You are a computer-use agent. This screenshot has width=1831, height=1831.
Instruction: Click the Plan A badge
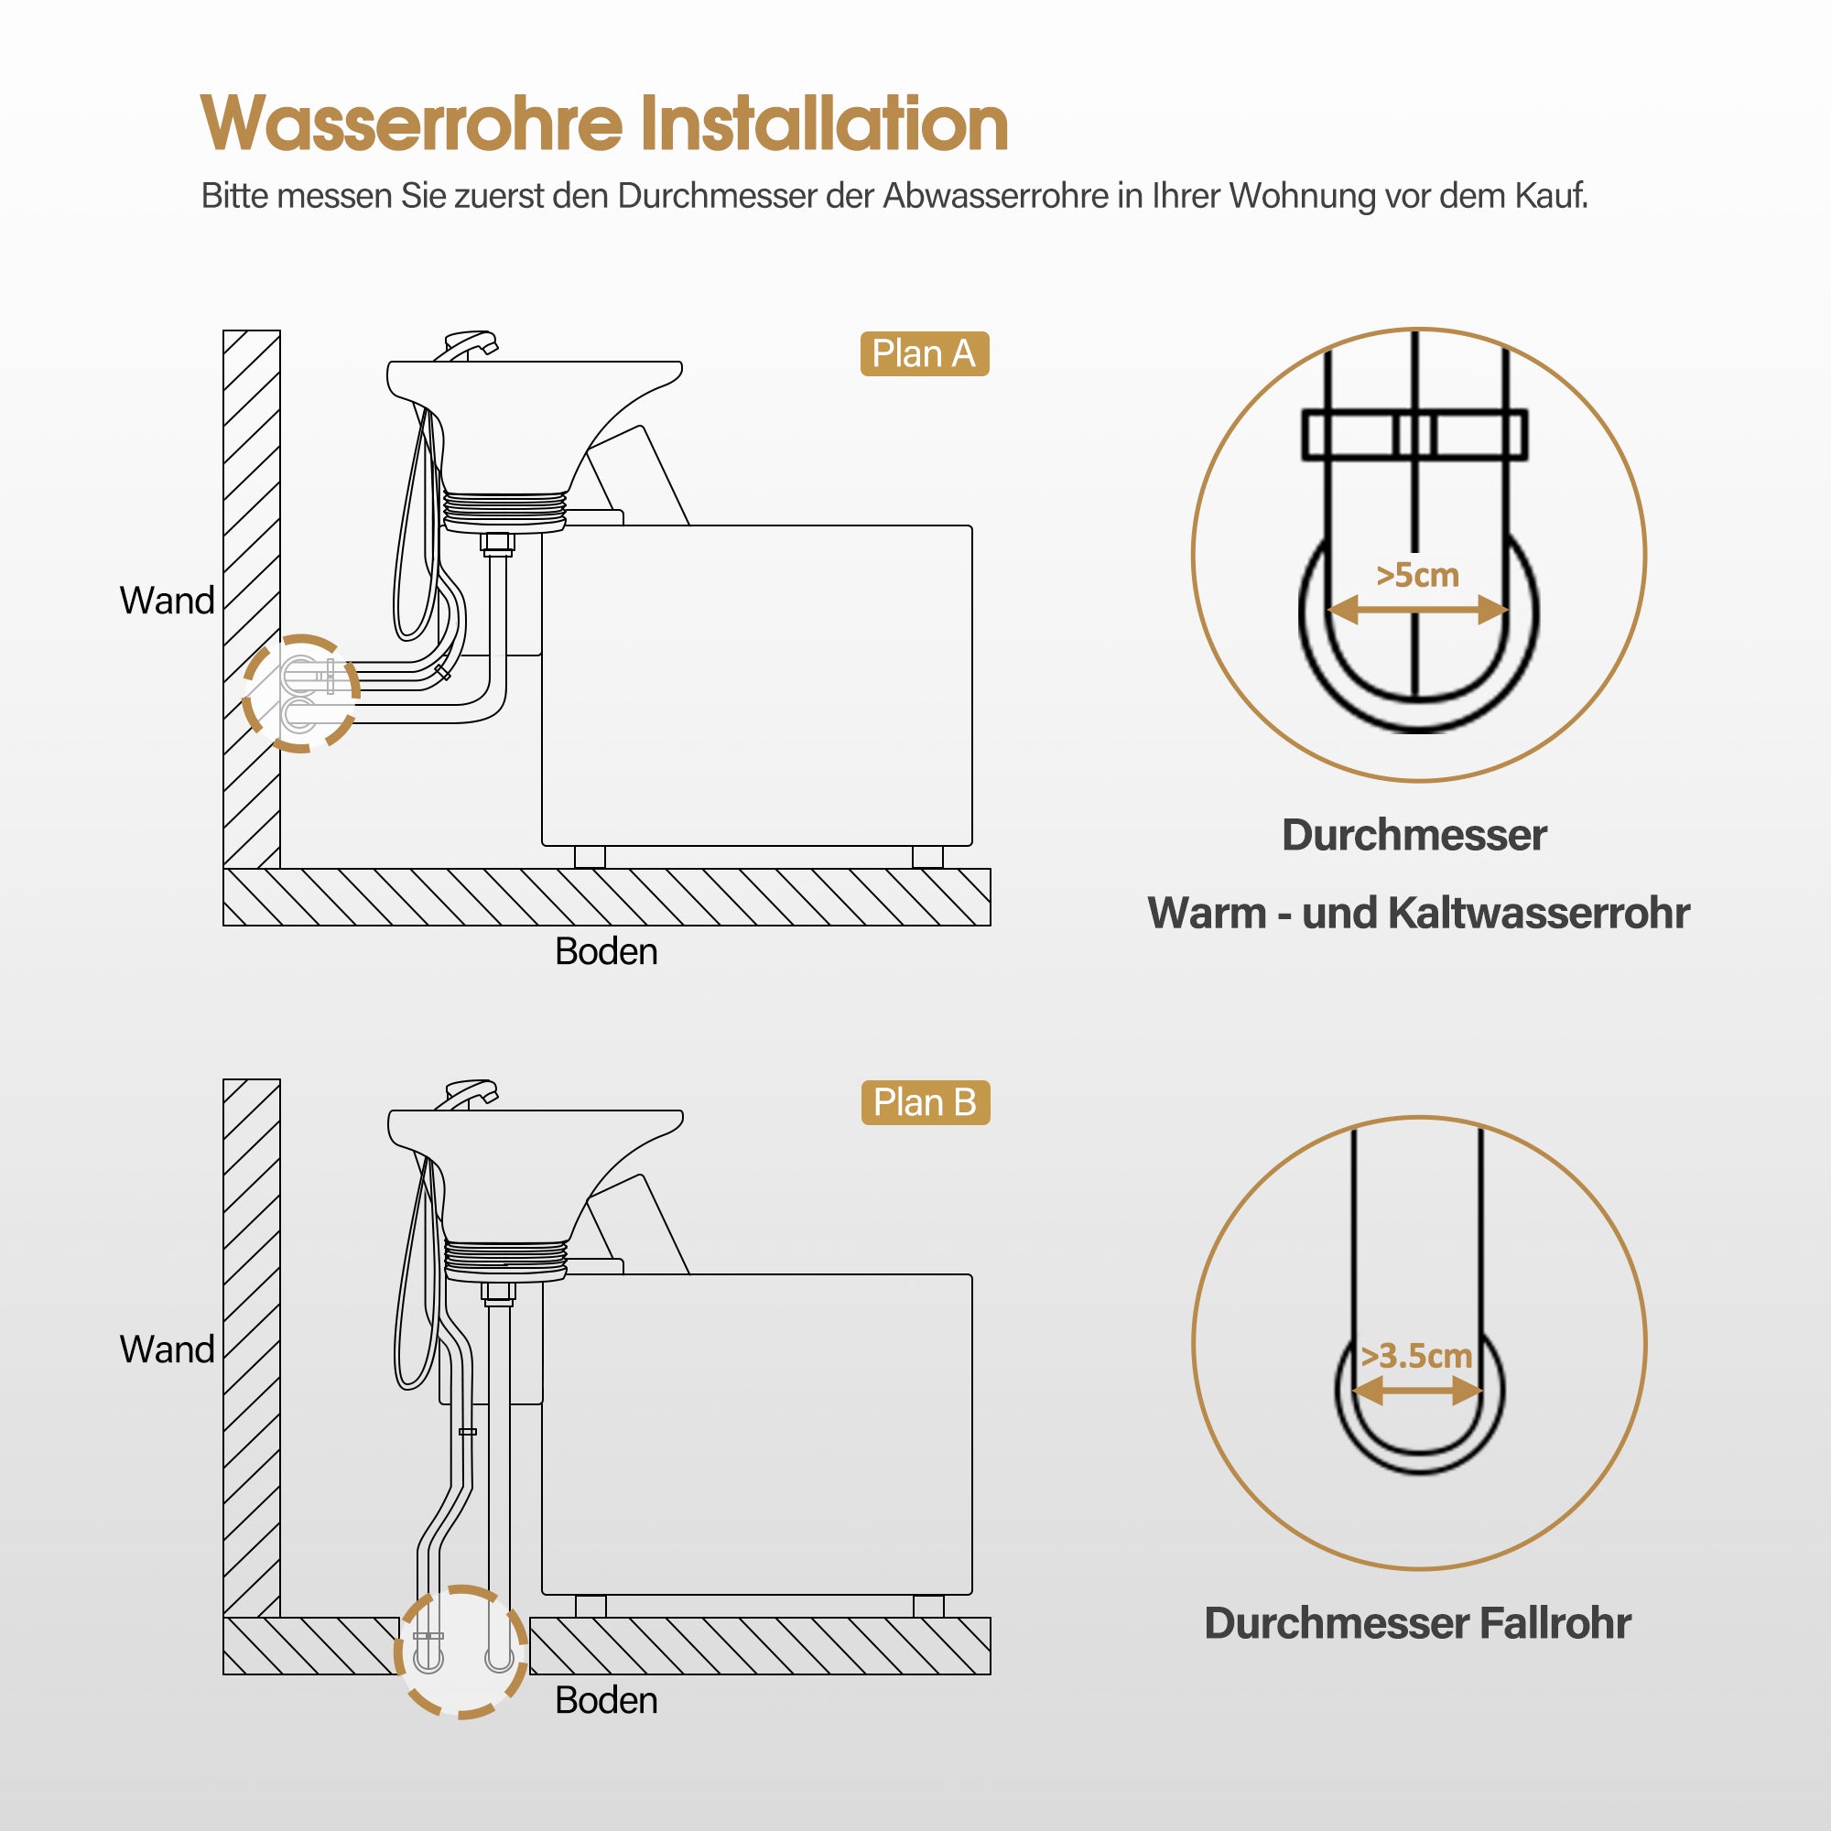[x=924, y=353]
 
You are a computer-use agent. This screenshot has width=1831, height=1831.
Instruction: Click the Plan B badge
[x=925, y=1102]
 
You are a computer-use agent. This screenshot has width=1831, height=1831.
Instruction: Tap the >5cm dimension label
[x=1417, y=575]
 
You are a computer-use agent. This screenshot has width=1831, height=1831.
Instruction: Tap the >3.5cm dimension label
[x=1416, y=1355]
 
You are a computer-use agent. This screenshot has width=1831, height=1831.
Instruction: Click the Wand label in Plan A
[x=167, y=601]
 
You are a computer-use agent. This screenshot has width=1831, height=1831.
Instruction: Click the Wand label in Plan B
[x=167, y=1349]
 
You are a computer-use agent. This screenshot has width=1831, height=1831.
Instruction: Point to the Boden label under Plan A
[x=605, y=951]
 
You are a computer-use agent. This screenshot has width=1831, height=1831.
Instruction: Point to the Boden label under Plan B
[x=605, y=1700]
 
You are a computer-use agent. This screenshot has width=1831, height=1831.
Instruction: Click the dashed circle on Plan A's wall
[x=301, y=693]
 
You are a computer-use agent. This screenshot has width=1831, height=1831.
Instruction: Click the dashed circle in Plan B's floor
[x=460, y=1651]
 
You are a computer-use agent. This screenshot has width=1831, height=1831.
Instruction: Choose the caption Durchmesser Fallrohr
[x=1417, y=1622]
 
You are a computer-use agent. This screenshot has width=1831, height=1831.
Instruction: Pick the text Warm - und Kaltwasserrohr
[x=1418, y=913]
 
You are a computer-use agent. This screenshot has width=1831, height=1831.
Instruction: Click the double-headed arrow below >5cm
[x=1417, y=611]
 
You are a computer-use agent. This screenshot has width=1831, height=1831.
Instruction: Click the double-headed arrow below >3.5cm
[x=1417, y=1392]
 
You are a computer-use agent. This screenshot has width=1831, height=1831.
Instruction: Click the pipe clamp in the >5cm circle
[x=1414, y=436]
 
